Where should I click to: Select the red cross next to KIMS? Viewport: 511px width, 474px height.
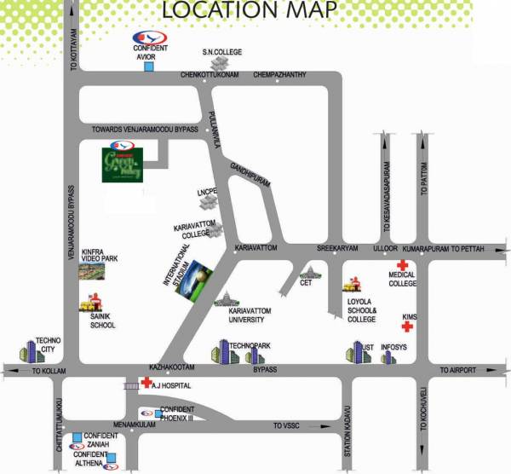click(x=409, y=326)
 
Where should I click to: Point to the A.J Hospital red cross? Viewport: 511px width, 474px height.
click(x=146, y=384)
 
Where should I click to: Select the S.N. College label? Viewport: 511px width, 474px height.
click(x=222, y=52)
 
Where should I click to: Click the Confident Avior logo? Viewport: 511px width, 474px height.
click(x=147, y=39)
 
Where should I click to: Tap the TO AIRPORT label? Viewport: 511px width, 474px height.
click(x=458, y=370)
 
